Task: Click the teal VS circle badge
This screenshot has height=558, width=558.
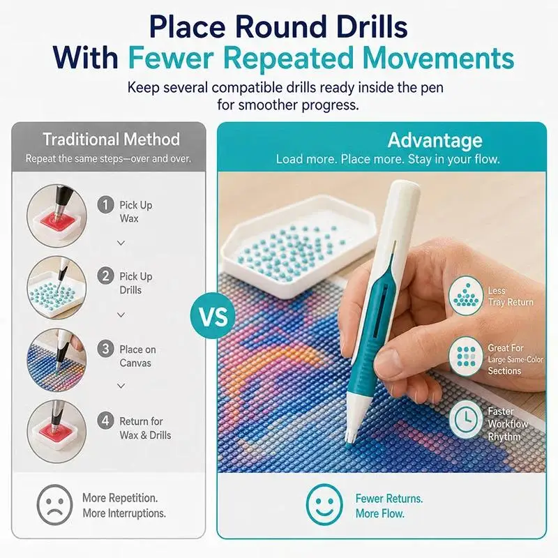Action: pyautogui.click(x=213, y=316)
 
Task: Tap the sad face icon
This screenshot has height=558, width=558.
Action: pyautogui.click(x=54, y=504)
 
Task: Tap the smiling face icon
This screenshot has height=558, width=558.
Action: pyautogui.click(x=324, y=504)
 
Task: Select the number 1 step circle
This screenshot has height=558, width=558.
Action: pyautogui.click(x=106, y=205)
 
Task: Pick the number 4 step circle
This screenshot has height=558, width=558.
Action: pyautogui.click(x=106, y=421)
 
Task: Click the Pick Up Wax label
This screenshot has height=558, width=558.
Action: pyautogui.click(x=135, y=212)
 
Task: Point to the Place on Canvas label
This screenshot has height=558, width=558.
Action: pyautogui.click(x=137, y=356)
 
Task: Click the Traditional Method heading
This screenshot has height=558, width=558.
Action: pyautogui.click(x=112, y=139)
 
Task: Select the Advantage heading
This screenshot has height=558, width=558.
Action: pyautogui.click(x=435, y=140)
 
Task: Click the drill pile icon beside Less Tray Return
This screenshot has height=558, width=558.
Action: pyautogui.click(x=466, y=295)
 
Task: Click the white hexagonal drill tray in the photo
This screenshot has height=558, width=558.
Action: pyautogui.click(x=299, y=246)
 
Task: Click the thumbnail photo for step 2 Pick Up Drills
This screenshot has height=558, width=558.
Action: pyautogui.click(x=57, y=287)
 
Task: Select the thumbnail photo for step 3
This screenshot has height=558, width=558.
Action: pyautogui.click(x=57, y=360)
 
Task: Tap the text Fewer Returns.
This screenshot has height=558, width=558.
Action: pyautogui.click(x=389, y=498)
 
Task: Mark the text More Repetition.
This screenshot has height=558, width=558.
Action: pyautogui.click(x=120, y=498)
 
